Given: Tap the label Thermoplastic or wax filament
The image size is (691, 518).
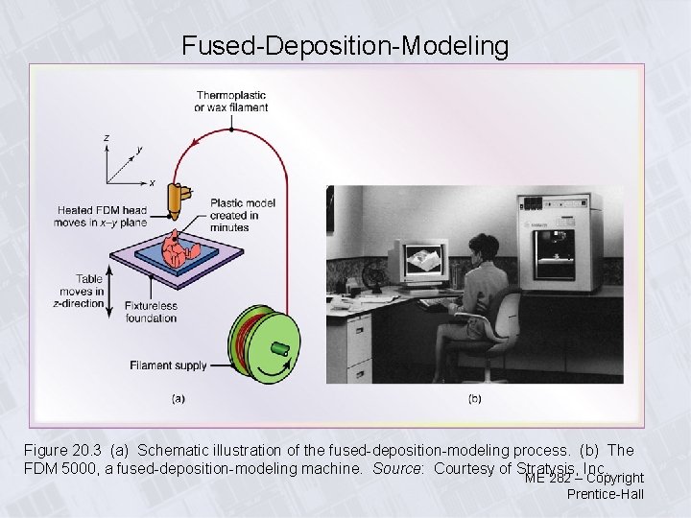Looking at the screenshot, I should (231, 102).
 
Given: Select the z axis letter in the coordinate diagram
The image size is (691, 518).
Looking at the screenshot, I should (106, 138).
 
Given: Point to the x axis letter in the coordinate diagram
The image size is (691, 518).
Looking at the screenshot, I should (153, 182).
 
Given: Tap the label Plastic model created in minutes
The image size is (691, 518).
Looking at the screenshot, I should (243, 216).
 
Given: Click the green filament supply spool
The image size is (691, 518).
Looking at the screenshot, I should (264, 341).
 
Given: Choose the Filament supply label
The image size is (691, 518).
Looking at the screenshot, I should (168, 365).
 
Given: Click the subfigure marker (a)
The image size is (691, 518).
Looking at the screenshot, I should (179, 397).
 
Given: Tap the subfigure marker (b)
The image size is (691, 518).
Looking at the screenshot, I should (474, 397).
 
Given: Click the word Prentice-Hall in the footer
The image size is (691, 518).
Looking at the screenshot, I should (605, 494).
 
